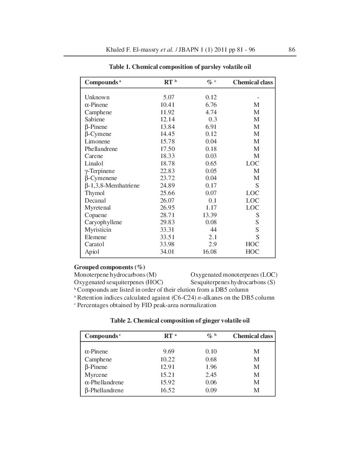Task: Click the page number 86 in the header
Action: (x=292, y=50)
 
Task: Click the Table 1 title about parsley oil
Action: (x=180, y=67)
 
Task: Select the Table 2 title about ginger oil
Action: (x=180, y=320)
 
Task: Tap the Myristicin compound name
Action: (x=98, y=229)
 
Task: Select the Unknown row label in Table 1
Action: (x=97, y=97)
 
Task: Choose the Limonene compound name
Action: (x=97, y=141)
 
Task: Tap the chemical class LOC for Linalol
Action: (x=252, y=163)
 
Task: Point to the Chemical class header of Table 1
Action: (x=253, y=82)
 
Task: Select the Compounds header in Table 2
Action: (x=101, y=336)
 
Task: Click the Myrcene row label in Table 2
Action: (x=96, y=375)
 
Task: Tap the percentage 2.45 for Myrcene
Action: (x=211, y=375)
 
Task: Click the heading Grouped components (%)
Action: (x=109, y=267)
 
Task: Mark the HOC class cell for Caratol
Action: (x=252, y=244)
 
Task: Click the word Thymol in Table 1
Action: (x=94, y=193)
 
